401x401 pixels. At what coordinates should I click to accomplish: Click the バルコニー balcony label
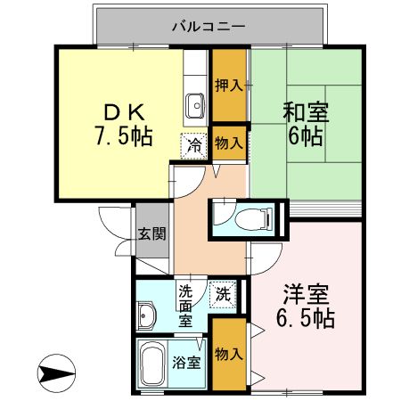(x=208, y=27)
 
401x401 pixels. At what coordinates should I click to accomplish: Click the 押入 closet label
(x=229, y=86)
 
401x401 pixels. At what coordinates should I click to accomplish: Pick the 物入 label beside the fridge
(x=229, y=143)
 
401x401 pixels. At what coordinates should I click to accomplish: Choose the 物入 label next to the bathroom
(x=229, y=354)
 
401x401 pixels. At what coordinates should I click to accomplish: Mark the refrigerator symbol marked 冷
(x=192, y=143)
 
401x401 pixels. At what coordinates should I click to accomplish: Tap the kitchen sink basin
(x=196, y=106)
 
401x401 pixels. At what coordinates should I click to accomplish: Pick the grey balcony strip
(x=134, y=27)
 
